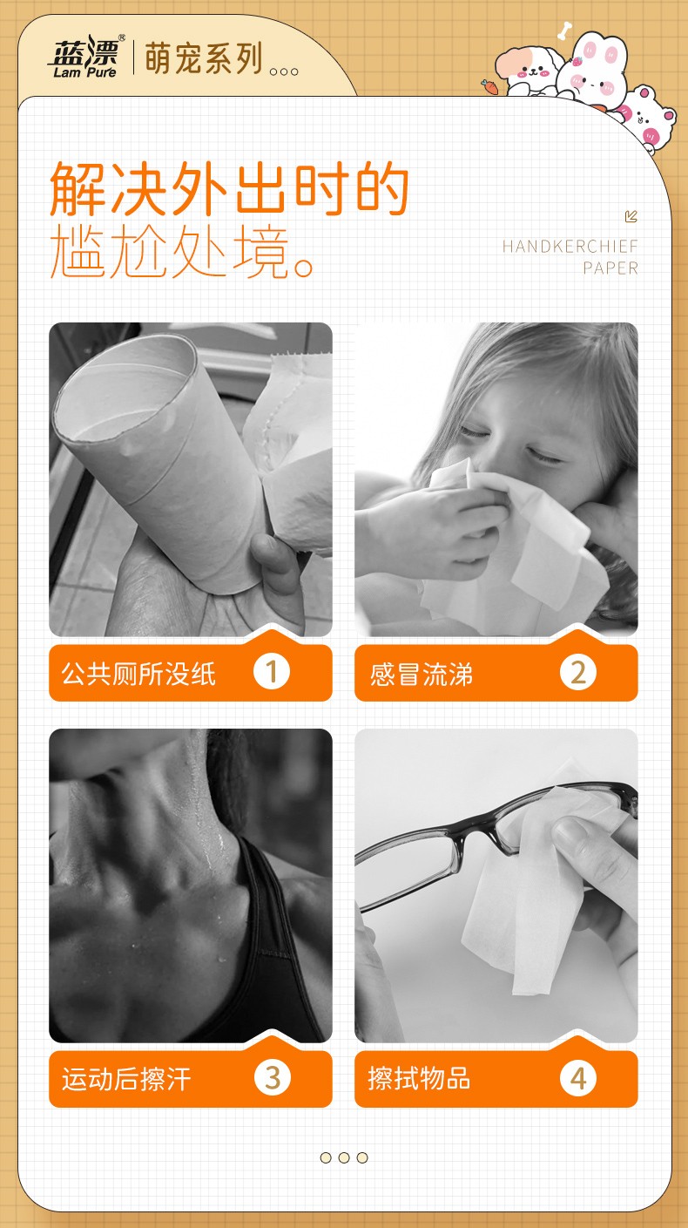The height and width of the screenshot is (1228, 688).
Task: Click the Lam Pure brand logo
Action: click(85, 58)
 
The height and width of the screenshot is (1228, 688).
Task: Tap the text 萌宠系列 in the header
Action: click(203, 58)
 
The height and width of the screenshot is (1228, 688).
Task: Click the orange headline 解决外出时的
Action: click(230, 189)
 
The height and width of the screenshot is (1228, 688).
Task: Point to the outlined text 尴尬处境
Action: click(182, 252)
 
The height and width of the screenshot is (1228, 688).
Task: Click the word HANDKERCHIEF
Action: click(570, 247)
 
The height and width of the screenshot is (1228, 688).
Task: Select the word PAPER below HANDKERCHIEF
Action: click(610, 268)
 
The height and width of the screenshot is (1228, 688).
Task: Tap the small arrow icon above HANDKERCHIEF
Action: click(631, 216)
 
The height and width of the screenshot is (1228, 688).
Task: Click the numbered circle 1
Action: click(272, 672)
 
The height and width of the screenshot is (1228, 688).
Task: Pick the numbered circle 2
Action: click(578, 673)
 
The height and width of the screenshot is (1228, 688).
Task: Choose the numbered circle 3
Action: click(273, 1078)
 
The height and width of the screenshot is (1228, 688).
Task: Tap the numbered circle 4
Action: click(578, 1078)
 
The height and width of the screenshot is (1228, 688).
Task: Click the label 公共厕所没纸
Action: click(138, 674)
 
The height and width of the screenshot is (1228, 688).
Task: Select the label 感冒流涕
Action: click(422, 675)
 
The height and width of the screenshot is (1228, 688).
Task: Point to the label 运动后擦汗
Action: click(126, 1080)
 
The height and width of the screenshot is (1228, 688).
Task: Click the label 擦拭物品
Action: click(419, 1078)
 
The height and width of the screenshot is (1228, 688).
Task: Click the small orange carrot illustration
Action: click(489, 86)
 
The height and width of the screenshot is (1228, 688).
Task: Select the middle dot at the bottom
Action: click(344, 1157)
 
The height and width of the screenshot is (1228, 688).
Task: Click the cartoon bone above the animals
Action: click(564, 31)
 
